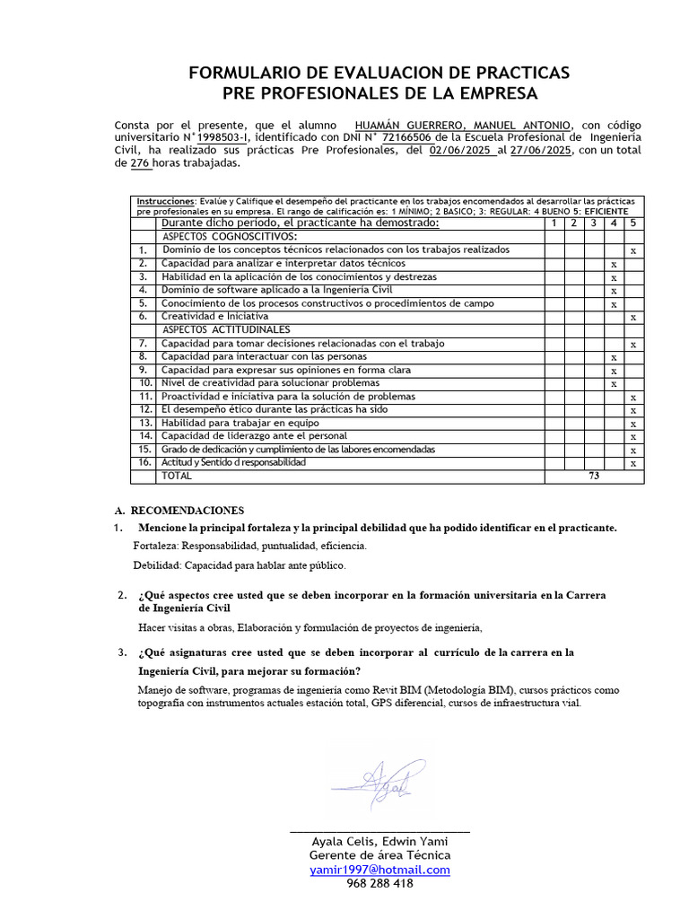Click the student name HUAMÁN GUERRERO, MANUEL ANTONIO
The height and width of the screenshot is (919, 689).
[x=462, y=124]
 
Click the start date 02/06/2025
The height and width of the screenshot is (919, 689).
[x=462, y=150]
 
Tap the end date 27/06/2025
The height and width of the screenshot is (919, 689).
[x=541, y=150]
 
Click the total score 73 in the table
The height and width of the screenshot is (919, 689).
[x=593, y=477]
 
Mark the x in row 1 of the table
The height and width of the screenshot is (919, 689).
[x=633, y=251]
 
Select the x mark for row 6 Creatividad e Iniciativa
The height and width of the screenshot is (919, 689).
[x=633, y=318]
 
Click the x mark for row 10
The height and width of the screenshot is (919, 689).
[x=614, y=384]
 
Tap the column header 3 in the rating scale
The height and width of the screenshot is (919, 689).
[x=594, y=223]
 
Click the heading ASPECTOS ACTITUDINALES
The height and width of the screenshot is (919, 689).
[x=225, y=329]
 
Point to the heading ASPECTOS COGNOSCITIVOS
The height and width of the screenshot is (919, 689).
[x=229, y=236]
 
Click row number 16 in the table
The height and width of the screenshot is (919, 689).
[x=144, y=462]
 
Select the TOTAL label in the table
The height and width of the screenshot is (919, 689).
[x=176, y=476]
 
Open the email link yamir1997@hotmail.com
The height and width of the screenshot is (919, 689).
[x=379, y=870]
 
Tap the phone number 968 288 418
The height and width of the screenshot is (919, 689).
[x=379, y=883]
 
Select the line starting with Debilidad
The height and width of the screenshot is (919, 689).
[x=239, y=565]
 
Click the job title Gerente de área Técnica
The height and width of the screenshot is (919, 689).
[x=379, y=855]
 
